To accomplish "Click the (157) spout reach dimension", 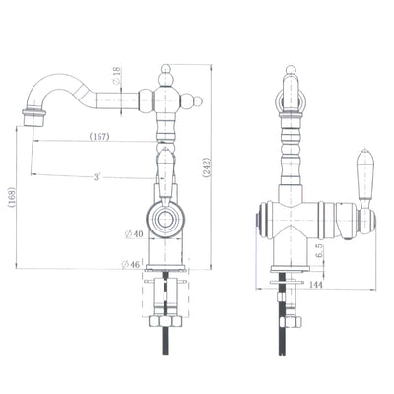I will [x=99, y=136].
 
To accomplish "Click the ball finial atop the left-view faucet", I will [x=166, y=74].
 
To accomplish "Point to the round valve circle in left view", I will [x=165, y=220].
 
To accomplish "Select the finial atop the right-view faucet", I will [x=292, y=74].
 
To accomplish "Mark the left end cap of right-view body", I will [x=261, y=219].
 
